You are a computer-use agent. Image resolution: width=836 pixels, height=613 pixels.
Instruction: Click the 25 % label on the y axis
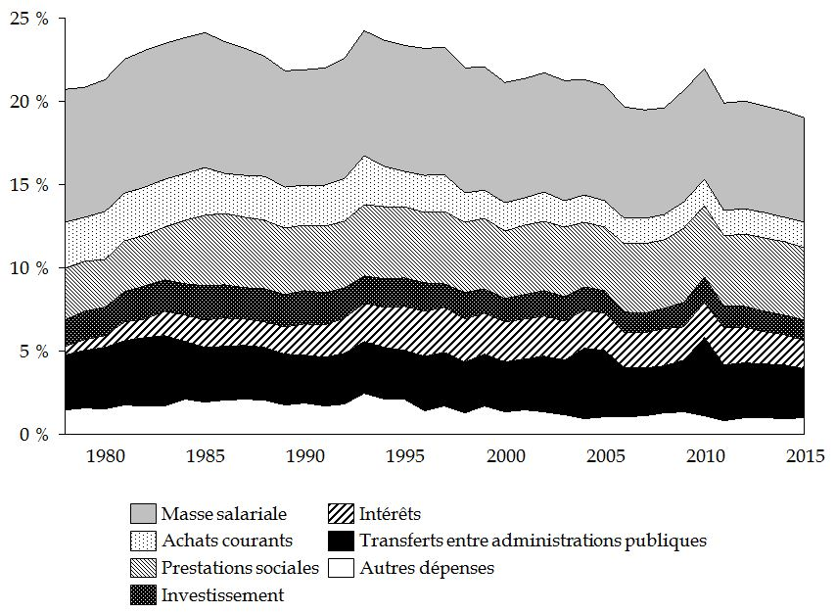(29, 19)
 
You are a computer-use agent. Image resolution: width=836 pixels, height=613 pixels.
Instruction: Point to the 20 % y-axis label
(29, 102)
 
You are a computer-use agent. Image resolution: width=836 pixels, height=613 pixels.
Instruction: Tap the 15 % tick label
(29, 185)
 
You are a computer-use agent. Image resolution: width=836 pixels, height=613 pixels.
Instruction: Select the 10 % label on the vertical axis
(29, 267)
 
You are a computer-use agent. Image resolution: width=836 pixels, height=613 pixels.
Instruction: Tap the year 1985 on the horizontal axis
(205, 455)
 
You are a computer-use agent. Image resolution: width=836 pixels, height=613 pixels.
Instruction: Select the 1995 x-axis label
(404, 455)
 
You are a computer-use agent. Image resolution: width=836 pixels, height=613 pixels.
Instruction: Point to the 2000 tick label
(504, 455)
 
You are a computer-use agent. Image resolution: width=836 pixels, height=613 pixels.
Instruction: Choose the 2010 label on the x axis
(704, 455)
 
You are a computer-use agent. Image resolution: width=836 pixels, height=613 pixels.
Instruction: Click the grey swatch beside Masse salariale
(142, 514)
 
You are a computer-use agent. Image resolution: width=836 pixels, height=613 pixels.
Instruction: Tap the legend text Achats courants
(227, 541)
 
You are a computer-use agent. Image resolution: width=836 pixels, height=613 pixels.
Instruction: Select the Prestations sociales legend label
(240, 567)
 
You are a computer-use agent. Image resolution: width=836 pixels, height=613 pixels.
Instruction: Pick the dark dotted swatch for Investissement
(142, 594)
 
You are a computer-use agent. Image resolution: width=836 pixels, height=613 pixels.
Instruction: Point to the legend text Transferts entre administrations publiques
(533, 541)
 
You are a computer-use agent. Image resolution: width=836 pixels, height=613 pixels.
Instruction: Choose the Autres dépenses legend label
(427, 567)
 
